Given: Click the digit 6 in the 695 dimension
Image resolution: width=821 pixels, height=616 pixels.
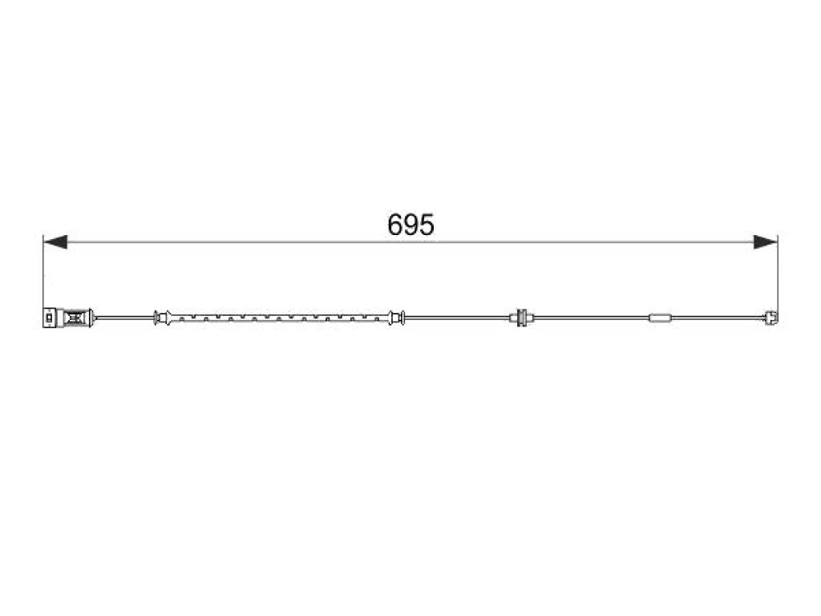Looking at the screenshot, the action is tap(394, 225).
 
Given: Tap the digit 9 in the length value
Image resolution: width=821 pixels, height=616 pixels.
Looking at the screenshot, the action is tap(410, 225).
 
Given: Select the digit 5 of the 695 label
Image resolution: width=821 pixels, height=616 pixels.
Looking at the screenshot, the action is tap(427, 225).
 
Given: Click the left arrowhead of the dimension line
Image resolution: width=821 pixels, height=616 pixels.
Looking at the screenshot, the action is tap(55, 242).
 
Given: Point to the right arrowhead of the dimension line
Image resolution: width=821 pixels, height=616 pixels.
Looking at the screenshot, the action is tap(766, 242).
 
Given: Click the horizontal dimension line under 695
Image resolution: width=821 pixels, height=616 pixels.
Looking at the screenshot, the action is tap(410, 242).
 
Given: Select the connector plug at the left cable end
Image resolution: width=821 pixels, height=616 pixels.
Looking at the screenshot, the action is tap(67, 318).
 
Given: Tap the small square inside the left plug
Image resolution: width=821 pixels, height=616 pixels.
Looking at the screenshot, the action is tap(49, 318).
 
